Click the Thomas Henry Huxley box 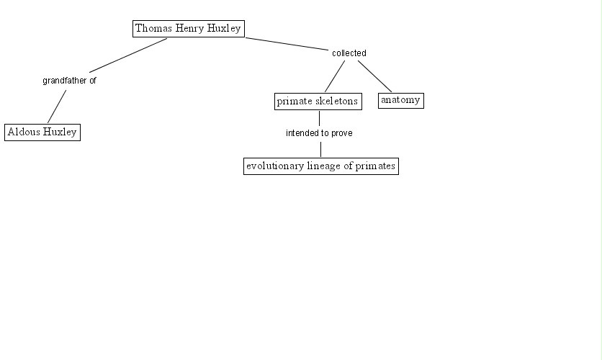[188, 29]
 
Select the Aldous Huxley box [42, 132]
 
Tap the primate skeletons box [318, 102]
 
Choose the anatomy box [400, 100]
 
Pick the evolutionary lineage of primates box [320, 166]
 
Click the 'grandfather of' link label [69, 81]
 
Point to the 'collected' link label [349, 53]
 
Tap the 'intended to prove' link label [319, 133]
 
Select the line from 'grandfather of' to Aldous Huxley [57, 106]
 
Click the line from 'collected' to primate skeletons [335, 76]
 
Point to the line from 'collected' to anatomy [374, 76]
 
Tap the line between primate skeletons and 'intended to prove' [319, 118]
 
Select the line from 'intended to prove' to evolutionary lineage [320, 149]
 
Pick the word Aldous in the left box [23, 132]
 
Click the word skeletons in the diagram [336, 102]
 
